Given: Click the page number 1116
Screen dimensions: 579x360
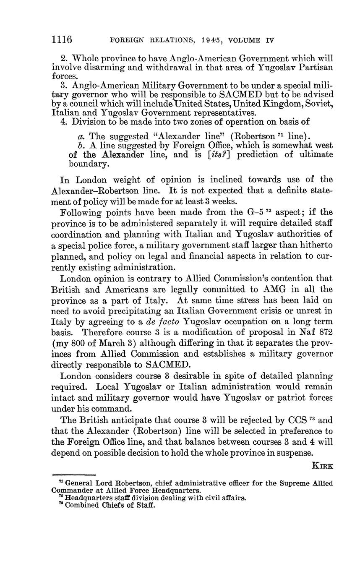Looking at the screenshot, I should [x=62, y=40].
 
